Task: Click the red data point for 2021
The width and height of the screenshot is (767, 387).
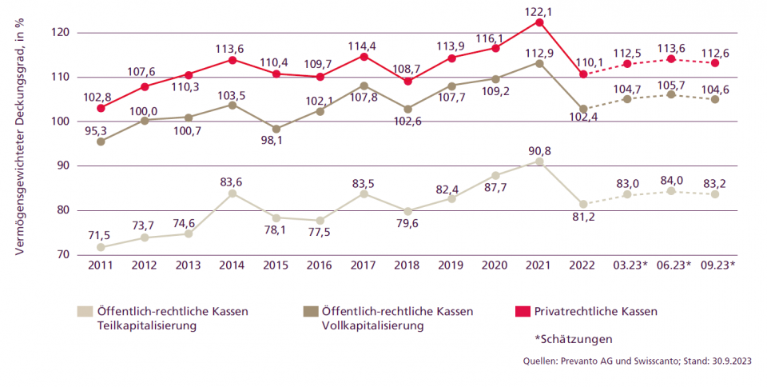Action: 539,22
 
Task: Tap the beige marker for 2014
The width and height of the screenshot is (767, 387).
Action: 232,193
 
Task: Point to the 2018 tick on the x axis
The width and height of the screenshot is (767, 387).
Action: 407,265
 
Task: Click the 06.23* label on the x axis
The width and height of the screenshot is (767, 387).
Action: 671,265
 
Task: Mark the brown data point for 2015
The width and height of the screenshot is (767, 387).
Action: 276,129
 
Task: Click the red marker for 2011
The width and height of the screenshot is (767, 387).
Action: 101,108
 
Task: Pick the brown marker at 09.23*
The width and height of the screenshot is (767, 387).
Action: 714,99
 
